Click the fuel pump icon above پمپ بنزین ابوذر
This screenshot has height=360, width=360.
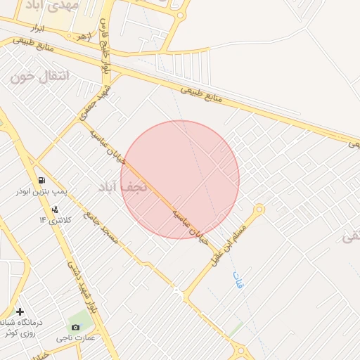(44, 180)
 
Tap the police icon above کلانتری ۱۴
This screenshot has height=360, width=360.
(55, 210)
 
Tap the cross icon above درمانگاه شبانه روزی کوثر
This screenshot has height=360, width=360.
(20, 311)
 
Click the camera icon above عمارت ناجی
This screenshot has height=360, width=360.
(75, 327)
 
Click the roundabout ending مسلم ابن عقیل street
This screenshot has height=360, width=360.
(259, 210)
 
